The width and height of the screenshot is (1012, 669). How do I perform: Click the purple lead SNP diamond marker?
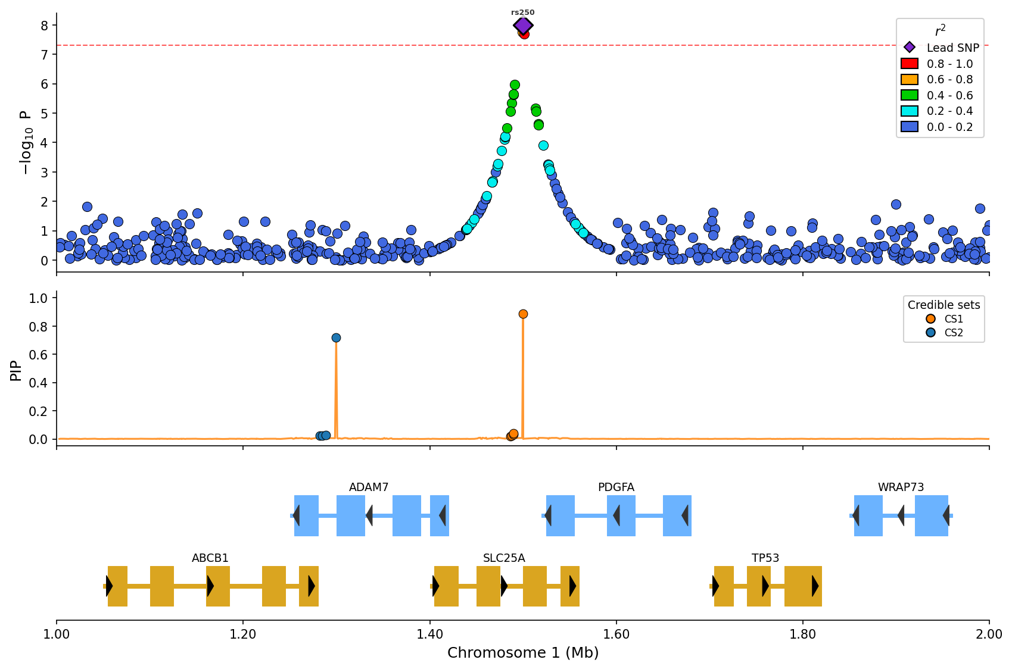coord(523,26)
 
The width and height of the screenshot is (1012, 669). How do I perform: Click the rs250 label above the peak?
coord(523,12)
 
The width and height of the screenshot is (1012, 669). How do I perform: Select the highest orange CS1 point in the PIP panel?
coord(523,314)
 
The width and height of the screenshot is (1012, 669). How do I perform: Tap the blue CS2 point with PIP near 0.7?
coord(336,338)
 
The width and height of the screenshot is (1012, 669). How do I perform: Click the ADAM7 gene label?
coord(369,487)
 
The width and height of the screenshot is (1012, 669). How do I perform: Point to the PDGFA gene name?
coord(616,487)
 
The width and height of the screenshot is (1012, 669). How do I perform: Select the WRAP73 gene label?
coord(901,487)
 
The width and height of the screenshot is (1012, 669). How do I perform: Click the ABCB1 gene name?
coord(210,558)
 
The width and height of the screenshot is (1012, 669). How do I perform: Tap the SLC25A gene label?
coord(504,558)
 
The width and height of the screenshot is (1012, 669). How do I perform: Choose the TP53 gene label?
coord(765,558)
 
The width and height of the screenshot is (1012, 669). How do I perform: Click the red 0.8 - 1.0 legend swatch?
coord(910,64)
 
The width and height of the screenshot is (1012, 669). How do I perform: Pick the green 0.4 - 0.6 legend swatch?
coord(910,95)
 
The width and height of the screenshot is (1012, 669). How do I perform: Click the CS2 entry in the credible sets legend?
coord(954,333)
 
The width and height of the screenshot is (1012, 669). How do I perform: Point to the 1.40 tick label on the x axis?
coord(429,634)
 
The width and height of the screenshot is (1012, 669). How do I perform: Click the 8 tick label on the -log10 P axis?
coord(44,25)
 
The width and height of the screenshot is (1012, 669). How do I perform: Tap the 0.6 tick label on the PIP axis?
coord(38,355)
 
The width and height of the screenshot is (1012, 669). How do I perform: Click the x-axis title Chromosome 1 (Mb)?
coord(523,653)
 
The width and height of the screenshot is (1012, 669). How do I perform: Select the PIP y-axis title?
coord(16,369)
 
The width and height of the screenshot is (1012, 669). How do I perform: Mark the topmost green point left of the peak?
coord(515,85)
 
